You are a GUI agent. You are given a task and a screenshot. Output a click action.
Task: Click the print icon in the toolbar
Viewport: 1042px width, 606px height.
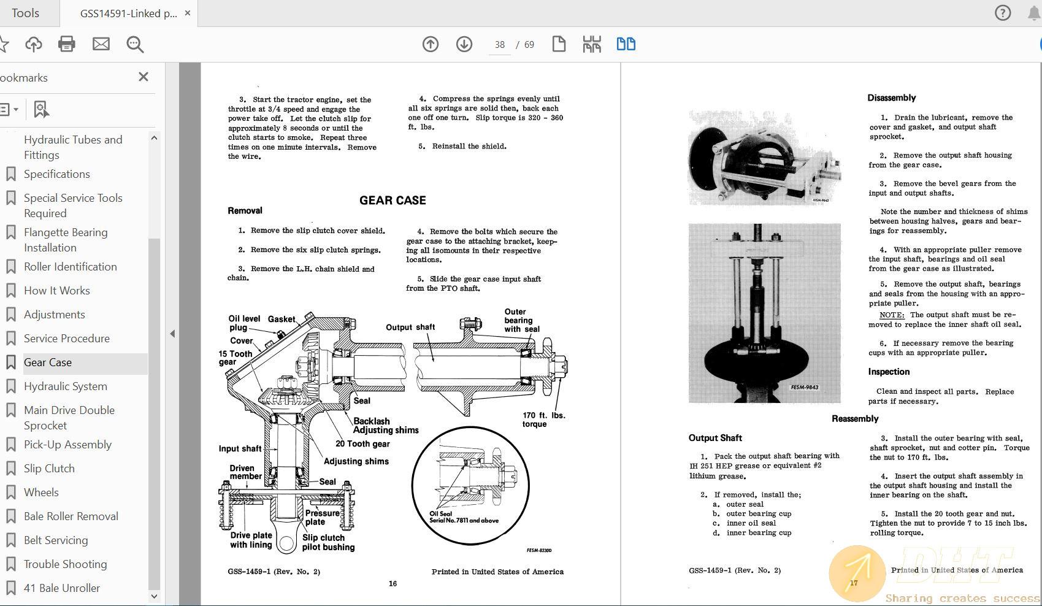pyautogui.click(x=66, y=44)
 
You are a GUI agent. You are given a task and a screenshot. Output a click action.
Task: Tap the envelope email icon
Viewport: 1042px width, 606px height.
pyautogui.click(x=101, y=44)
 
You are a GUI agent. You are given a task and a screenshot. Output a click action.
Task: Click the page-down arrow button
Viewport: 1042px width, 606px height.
pyautogui.click(x=464, y=44)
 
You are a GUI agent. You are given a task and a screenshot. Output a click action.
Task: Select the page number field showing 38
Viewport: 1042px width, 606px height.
pyautogui.click(x=500, y=45)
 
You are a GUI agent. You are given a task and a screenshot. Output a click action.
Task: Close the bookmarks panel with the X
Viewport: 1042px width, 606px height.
pyautogui.click(x=144, y=77)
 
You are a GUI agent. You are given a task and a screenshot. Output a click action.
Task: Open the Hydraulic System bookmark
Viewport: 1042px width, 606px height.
pyautogui.click(x=66, y=386)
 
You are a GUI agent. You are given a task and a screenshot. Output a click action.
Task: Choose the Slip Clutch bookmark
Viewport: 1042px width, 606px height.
pyautogui.click(x=49, y=469)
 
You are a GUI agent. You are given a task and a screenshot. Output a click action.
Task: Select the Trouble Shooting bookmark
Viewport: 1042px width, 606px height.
pyautogui.click(x=66, y=564)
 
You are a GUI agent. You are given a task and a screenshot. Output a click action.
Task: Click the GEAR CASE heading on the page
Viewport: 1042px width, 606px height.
pyautogui.click(x=393, y=201)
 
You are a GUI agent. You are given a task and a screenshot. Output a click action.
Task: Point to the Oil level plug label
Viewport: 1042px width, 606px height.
pyautogui.click(x=244, y=323)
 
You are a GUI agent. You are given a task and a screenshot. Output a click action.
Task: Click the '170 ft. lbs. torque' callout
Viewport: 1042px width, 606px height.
pyautogui.click(x=544, y=420)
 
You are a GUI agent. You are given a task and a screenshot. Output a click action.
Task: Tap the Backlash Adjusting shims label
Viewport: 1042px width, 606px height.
pyautogui.click(x=386, y=426)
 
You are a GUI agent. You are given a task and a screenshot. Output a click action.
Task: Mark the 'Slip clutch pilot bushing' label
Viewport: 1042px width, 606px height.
pyautogui.click(x=328, y=542)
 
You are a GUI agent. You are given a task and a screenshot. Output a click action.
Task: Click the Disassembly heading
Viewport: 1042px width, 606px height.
pyautogui.click(x=891, y=98)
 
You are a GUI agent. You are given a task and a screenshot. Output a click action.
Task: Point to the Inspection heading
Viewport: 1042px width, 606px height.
pyautogui.click(x=889, y=372)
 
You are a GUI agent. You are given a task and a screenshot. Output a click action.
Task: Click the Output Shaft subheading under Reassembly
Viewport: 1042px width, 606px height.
pyautogui.click(x=715, y=438)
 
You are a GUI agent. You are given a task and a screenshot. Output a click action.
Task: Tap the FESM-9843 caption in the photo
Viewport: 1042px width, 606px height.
pyautogui.click(x=804, y=387)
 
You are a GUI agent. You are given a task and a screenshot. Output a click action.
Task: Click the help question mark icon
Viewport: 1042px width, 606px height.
pyautogui.click(x=1003, y=13)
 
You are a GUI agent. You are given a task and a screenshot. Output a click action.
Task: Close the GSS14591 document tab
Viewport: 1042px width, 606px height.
pyautogui.click(x=188, y=13)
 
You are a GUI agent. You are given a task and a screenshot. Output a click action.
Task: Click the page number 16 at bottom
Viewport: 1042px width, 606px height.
pyautogui.click(x=393, y=583)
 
